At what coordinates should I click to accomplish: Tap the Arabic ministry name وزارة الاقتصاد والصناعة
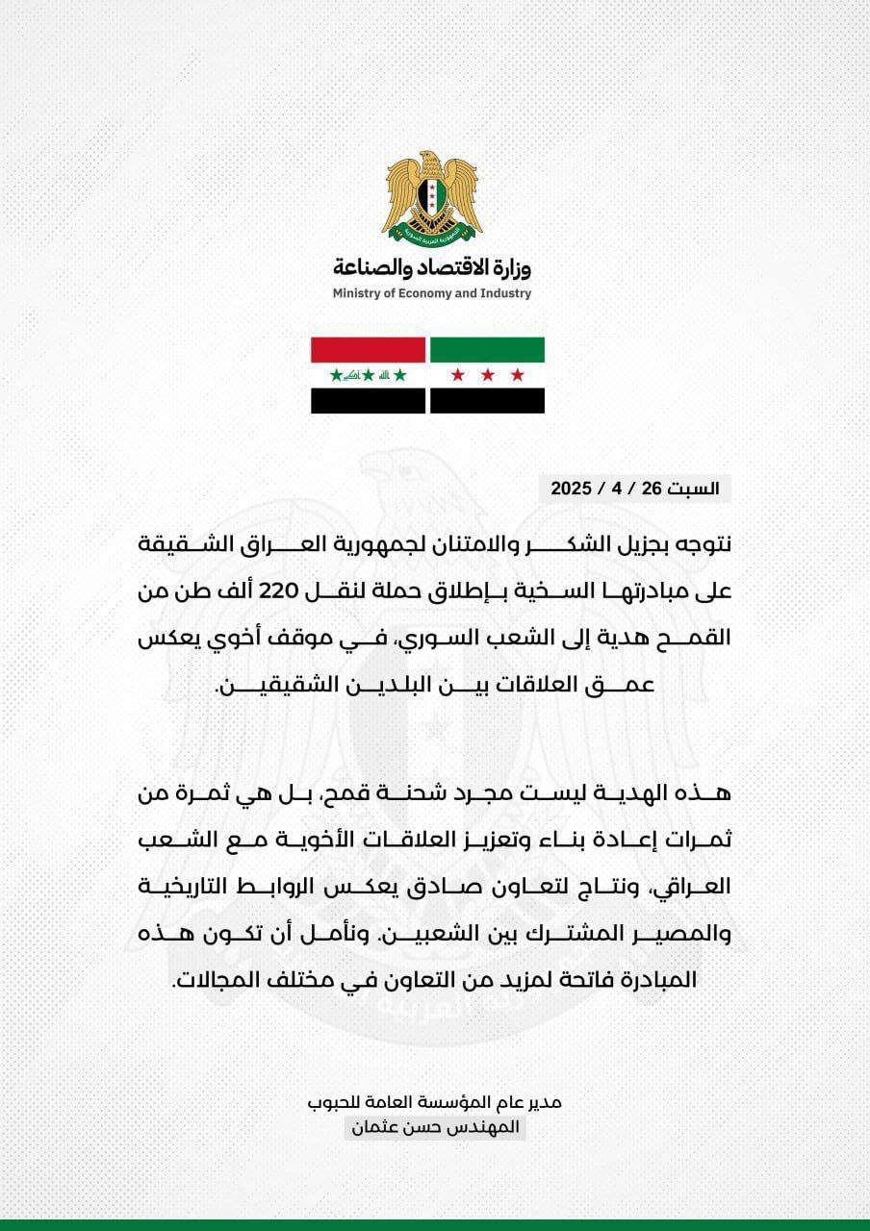click(x=432, y=266)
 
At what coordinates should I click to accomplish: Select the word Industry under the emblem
click(x=502, y=293)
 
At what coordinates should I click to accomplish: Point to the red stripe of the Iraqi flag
click(x=368, y=349)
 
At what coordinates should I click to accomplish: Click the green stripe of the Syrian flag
click(x=487, y=349)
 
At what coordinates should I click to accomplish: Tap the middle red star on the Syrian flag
click(x=487, y=375)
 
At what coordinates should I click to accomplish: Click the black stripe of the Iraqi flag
click(x=368, y=400)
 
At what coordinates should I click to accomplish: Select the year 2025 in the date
click(x=570, y=489)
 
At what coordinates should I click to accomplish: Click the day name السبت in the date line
click(x=695, y=489)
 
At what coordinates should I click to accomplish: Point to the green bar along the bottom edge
click(x=435, y=1224)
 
